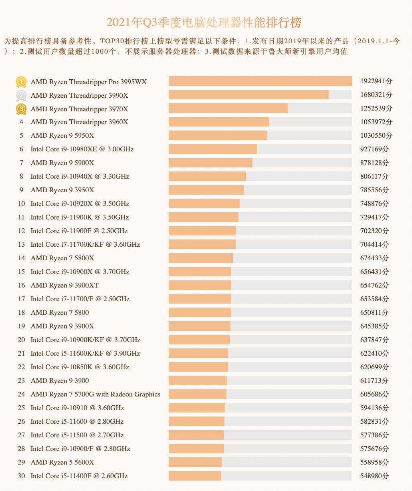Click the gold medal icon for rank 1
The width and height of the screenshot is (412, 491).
[21, 82]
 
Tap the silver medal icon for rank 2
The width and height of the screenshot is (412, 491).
[21, 95]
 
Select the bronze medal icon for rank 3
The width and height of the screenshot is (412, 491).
[21, 109]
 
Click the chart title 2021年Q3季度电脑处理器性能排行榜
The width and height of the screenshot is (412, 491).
[204, 22]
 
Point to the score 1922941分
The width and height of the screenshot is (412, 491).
[376, 81]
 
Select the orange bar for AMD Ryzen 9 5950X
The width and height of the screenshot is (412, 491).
[218, 135]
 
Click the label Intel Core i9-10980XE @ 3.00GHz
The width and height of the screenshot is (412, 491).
[82, 149]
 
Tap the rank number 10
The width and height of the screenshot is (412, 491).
[21, 203]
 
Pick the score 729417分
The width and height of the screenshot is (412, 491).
[374, 217]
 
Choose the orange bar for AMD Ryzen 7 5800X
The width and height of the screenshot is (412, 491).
[200, 258]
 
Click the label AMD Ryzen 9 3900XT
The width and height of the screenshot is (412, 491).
[65, 285]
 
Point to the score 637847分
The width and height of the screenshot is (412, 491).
[374, 340]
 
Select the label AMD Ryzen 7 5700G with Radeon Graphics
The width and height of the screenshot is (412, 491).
[95, 394]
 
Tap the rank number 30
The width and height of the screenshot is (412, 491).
[21, 476]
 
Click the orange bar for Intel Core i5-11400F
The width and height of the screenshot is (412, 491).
[195, 476]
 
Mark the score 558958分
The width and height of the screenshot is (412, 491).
[374, 462]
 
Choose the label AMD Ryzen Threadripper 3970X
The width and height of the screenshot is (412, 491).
[79, 109]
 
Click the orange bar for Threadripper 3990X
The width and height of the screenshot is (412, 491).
[248, 95]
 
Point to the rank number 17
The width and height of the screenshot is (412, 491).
[21, 299]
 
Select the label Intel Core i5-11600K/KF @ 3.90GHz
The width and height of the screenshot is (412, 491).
[85, 353]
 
